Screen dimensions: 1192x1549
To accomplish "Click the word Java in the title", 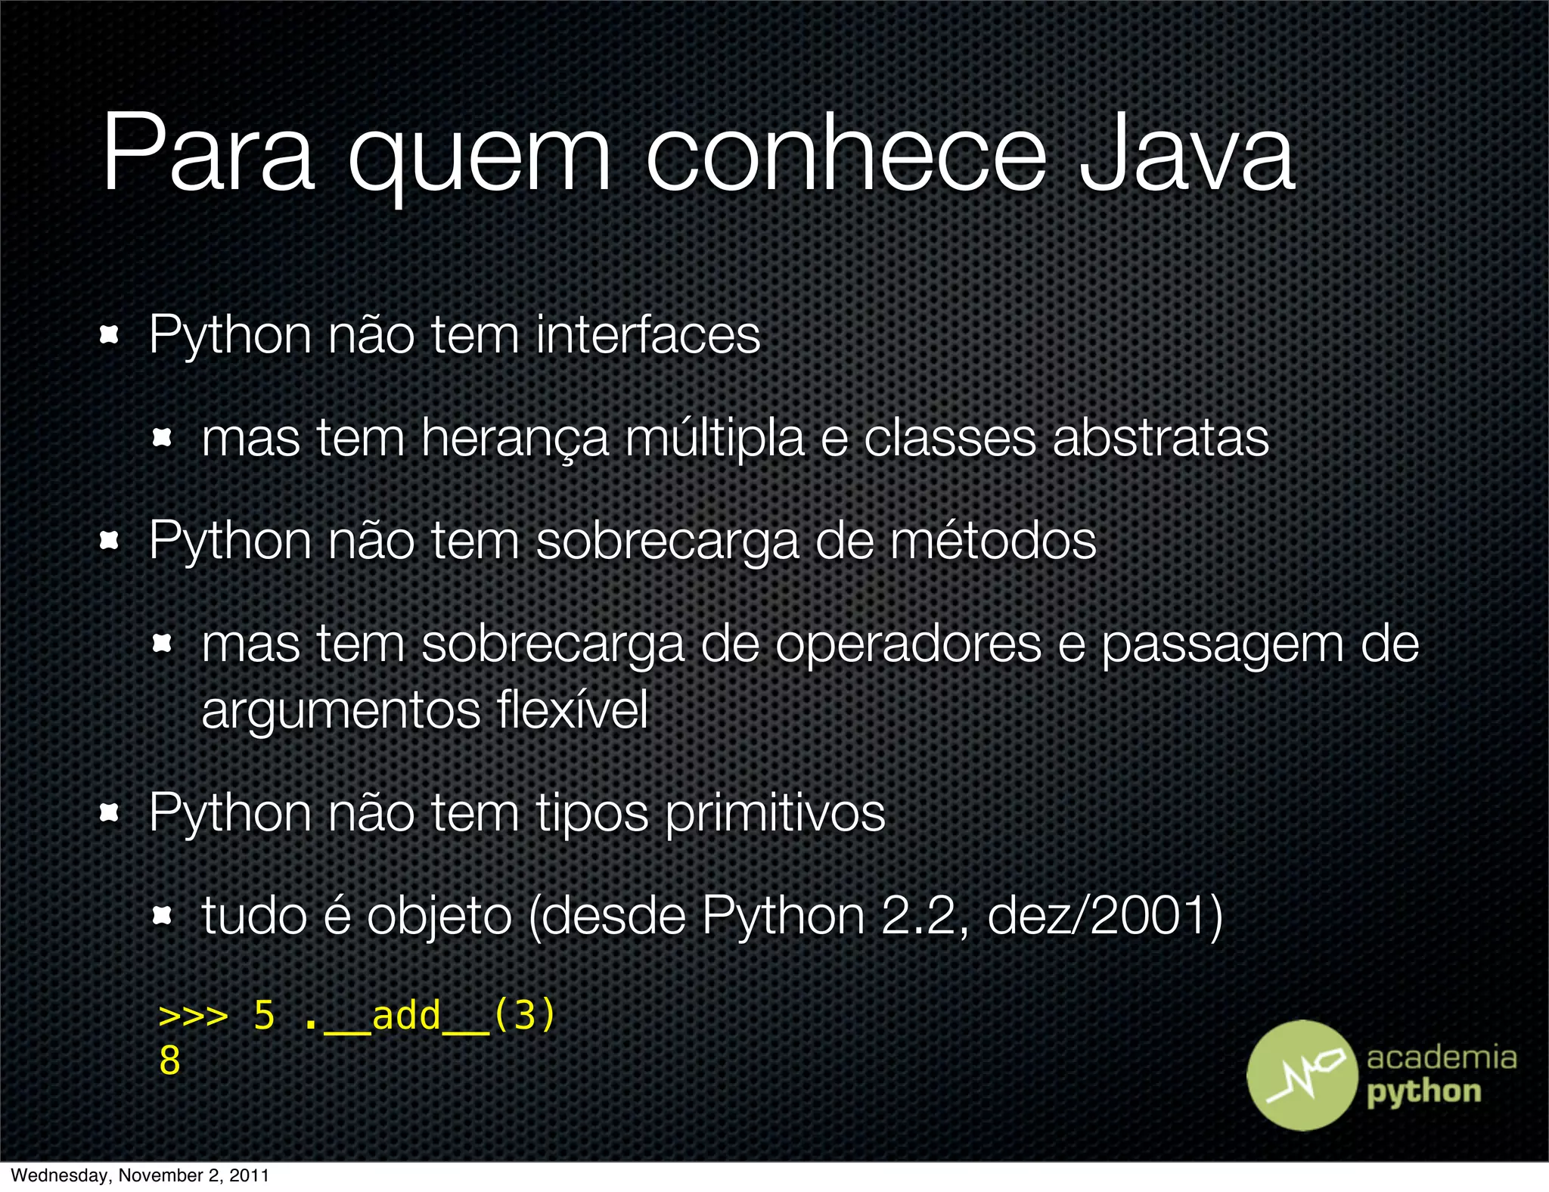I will click(1186, 155).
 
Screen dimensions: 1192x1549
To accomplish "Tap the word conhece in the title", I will click(846, 155).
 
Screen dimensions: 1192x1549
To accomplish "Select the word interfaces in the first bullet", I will click(647, 334).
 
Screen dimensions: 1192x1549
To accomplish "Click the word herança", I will click(514, 439).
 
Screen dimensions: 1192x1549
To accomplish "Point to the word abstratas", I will click(1160, 439).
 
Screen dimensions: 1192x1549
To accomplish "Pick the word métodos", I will click(992, 541).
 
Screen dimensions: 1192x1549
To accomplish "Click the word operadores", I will click(908, 644).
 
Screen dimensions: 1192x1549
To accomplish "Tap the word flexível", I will click(573, 709).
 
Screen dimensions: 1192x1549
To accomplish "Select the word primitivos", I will click(774, 814).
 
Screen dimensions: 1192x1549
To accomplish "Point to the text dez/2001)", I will click(1105, 916).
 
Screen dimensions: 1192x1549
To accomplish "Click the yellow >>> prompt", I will click(193, 1016).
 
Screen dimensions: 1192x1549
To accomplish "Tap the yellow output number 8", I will click(169, 1060).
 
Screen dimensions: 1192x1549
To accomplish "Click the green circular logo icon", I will click(1302, 1075).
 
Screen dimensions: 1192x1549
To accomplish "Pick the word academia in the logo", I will click(1441, 1057).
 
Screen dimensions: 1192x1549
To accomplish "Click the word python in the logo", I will click(1423, 1093).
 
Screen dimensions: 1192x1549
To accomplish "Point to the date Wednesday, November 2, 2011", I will click(140, 1175).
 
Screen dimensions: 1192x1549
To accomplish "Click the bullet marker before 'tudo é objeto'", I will click(162, 917).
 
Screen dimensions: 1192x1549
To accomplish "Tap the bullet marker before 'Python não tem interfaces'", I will click(110, 335).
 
